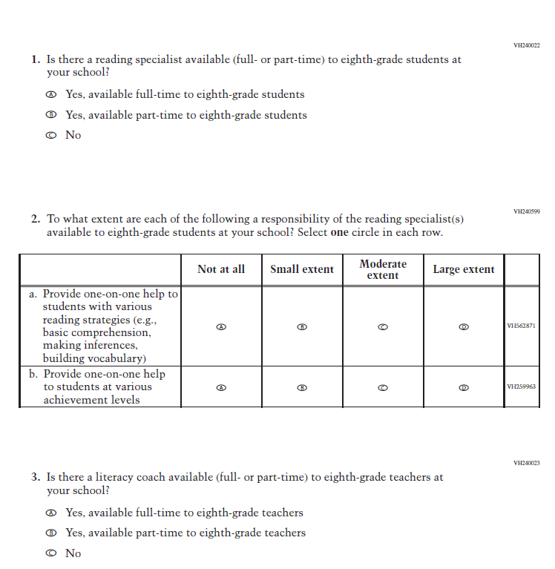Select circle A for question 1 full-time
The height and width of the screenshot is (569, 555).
(x=50, y=95)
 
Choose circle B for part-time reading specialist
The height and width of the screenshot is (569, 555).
(x=50, y=115)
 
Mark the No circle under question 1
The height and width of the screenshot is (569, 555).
(x=50, y=135)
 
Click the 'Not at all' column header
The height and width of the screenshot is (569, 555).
(x=221, y=269)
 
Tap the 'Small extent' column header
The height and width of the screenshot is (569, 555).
(x=302, y=269)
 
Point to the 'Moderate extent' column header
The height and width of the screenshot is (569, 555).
(x=383, y=269)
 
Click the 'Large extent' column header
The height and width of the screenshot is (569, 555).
(x=464, y=269)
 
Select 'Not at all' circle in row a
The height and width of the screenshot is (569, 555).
(x=221, y=326)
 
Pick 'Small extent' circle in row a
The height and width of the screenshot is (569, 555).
(x=302, y=326)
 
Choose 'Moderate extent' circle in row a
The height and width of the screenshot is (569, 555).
(x=383, y=326)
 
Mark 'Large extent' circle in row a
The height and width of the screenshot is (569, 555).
(x=464, y=326)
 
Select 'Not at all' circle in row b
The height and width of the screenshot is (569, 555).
(x=221, y=387)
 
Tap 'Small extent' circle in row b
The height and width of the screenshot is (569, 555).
(x=302, y=387)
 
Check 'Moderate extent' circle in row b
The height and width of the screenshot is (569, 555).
(x=383, y=387)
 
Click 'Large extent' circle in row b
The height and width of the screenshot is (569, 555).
(x=464, y=387)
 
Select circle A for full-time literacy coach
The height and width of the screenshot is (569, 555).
(x=50, y=513)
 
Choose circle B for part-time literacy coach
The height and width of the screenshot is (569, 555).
(x=50, y=533)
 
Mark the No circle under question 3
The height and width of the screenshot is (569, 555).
(x=50, y=553)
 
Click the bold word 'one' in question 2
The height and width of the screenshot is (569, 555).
(x=339, y=232)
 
